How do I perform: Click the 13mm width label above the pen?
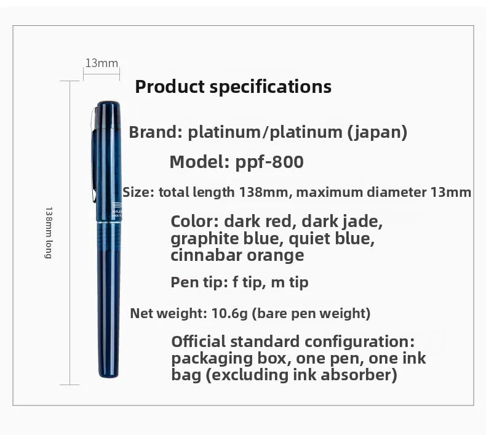(x=102, y=63)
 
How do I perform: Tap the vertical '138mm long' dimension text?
(x=49, y=233)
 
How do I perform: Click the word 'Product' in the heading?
(x=170, y=87)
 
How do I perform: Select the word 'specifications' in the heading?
(x=271, y=87)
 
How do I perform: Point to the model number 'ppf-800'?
(x=269, y=162)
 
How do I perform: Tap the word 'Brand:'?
(x=156, y=132)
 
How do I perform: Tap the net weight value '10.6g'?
(x=229, y=313)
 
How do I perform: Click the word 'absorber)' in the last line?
(x=359, y=375)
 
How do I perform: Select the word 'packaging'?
(x=212, y=359)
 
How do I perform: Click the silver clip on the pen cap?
(x=94, y=155)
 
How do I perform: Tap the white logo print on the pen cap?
(x=116, y=209)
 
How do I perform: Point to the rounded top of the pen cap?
(x=108, y=103)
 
